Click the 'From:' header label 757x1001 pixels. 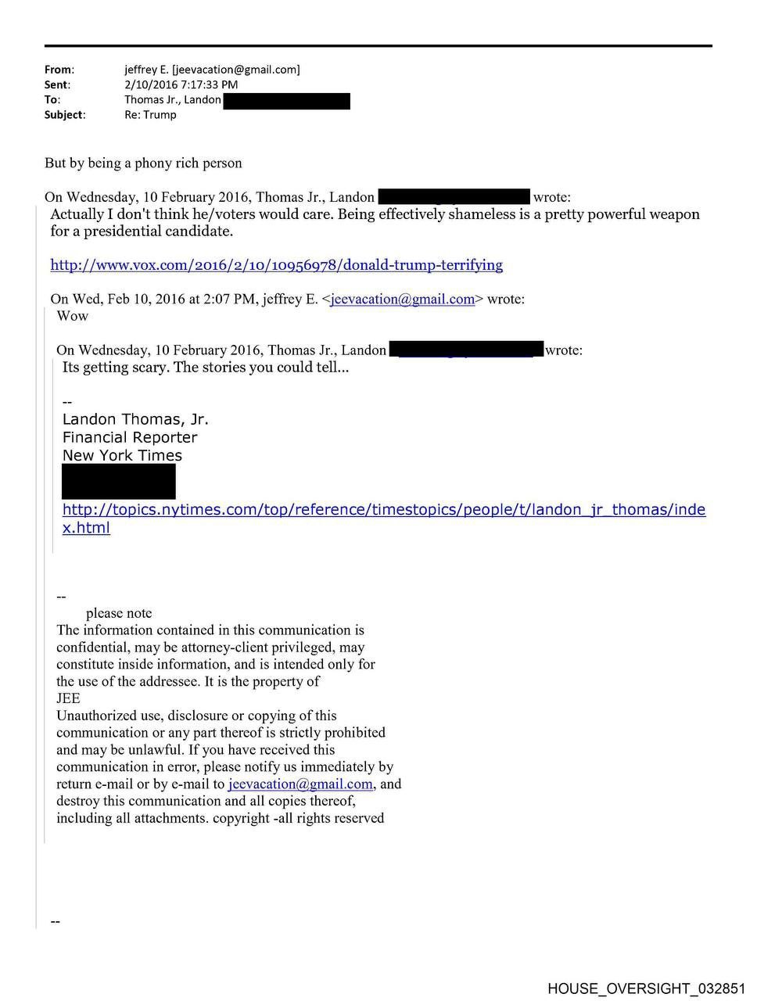coord(59,70)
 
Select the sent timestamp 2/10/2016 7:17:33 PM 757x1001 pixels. coord(181,84)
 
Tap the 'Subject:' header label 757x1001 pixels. coord(65,115)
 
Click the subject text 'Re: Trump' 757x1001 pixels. coord(150,115)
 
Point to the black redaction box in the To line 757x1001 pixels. coord(286,100)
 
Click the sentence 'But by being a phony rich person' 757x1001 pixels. coord(143,163)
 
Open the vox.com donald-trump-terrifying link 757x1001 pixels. coord(276,265)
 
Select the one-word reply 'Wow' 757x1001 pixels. coord(73,316)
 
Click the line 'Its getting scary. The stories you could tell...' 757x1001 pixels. coord(205,368)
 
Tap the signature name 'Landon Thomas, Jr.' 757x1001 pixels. coord(135,419)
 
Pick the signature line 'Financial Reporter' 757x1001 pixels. coord(130,437)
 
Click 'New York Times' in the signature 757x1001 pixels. coord(122,455)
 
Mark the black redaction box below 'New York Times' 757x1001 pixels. coord(119,482)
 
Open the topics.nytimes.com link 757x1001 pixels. coord(383,510)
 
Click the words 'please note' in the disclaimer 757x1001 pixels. coord(119,613)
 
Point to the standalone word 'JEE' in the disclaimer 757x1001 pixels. coord(68,698)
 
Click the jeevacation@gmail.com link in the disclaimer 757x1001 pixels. coord(300,784)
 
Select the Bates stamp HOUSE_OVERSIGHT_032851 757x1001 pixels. coord(647,988)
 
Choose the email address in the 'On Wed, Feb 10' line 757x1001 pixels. coord(402,299)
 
